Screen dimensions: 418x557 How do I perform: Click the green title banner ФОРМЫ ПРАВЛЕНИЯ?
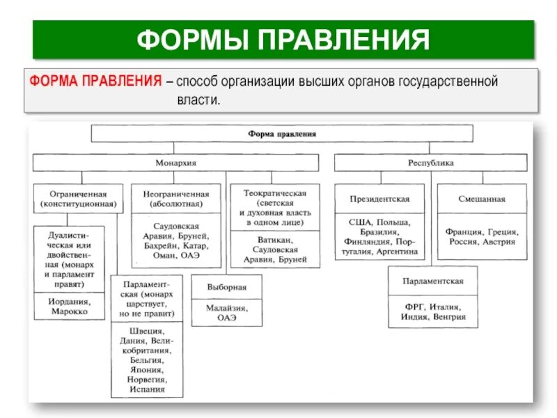click(x=282, y=39)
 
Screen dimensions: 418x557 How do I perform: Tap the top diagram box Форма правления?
click(x=282, y=133)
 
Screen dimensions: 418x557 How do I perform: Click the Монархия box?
click(x=175, y=162)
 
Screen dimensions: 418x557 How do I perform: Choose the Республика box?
click(x=430, y=162)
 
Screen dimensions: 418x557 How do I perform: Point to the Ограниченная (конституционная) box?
click(x=77, y=199)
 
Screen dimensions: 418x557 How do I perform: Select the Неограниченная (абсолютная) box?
click(x=175, y=199)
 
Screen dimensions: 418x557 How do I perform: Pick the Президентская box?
click(x=379, y=199)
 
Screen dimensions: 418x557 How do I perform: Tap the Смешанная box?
click(x=482, y=199)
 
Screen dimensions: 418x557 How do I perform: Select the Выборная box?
click(x=226, y=287)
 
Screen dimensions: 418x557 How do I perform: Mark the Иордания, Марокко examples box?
click(x=69, y=306)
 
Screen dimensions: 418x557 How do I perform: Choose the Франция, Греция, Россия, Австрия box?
click(x=482, y=237)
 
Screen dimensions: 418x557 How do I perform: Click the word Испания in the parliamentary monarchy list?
click(x=147, y=389)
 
